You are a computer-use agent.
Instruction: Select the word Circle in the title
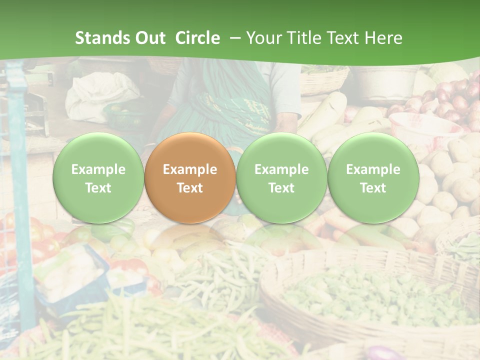tap(197, 38)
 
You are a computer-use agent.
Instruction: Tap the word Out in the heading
tap(150, 38)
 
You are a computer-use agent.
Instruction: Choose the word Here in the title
tap(384, 38)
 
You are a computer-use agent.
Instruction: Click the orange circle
tap(189, 178)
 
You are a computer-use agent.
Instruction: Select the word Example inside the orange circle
tap(189, 169)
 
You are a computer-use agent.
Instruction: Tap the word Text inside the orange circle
tap(189, 188)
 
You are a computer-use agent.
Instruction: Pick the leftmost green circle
tap(98, 178)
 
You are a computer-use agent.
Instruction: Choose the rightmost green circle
tap(373, 178)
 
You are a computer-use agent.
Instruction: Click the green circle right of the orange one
tap(281, 178)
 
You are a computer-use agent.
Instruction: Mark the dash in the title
tap(233, 38)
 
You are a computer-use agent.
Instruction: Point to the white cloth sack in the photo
tap(102, 95)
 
